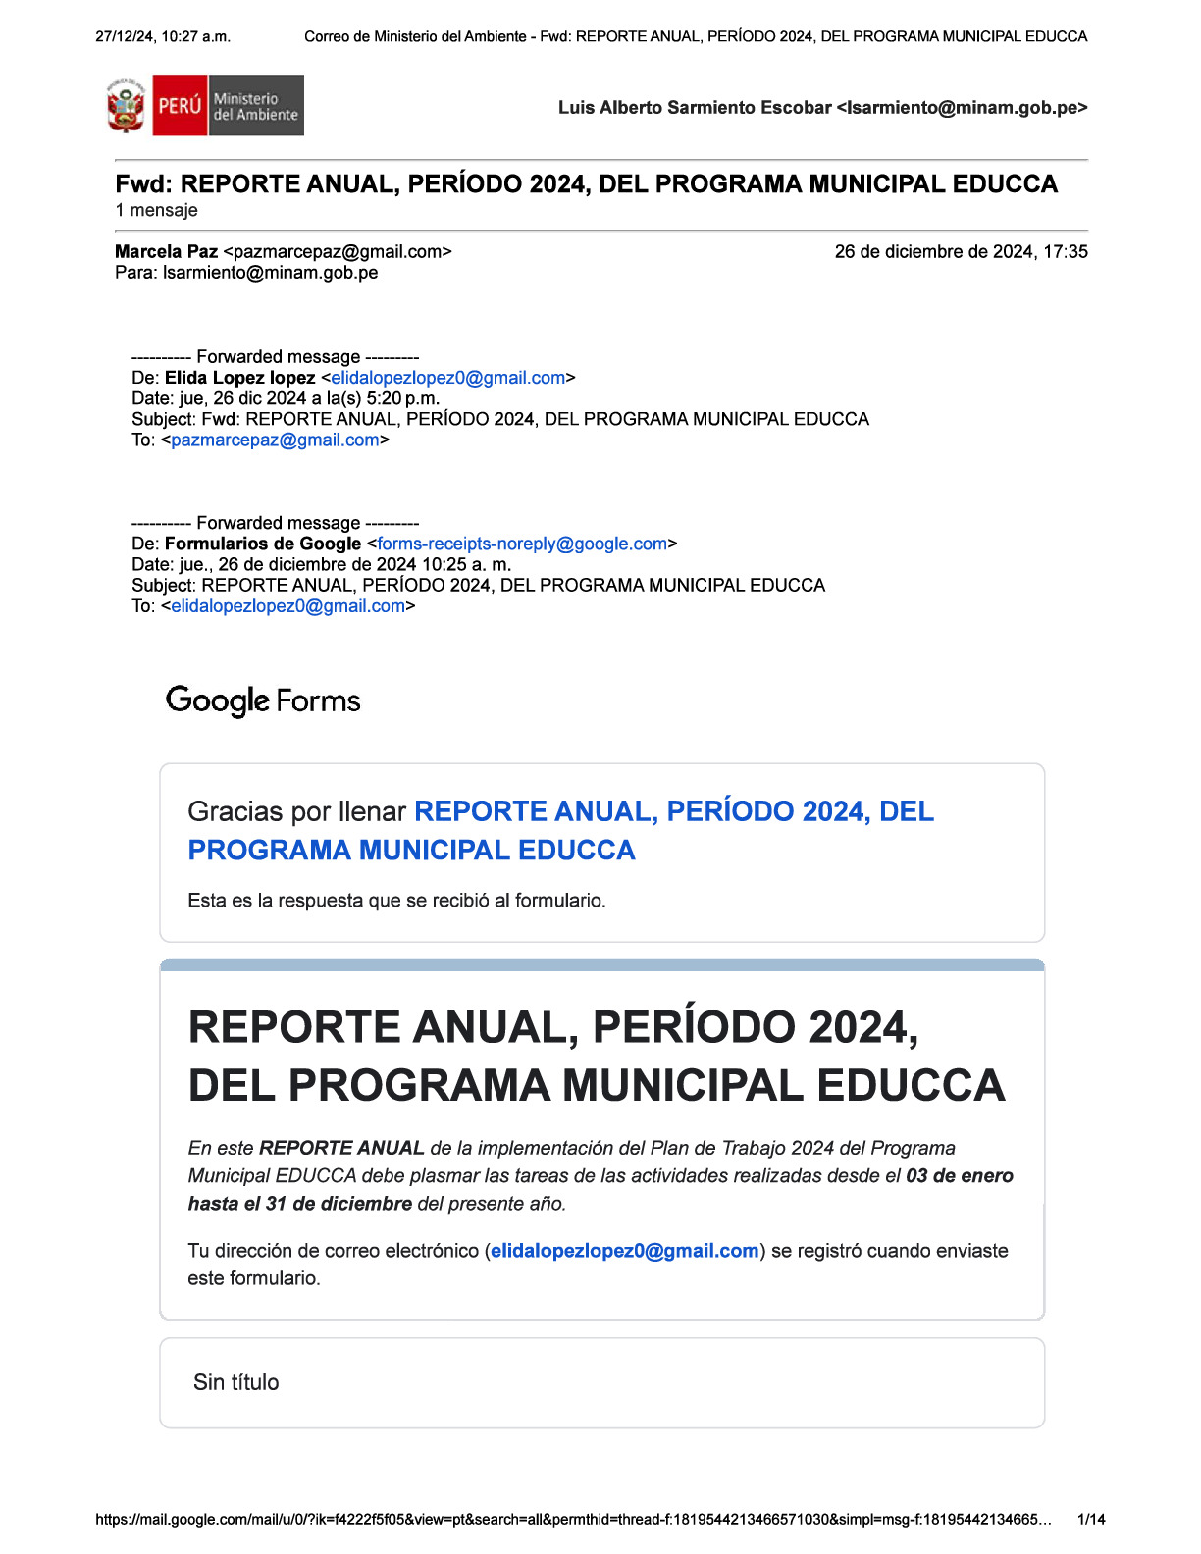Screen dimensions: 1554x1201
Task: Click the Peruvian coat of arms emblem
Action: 126,106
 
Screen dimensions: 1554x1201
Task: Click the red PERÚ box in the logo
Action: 180,105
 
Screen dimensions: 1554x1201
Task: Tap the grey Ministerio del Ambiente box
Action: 255,106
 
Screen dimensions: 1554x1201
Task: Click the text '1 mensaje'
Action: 156,210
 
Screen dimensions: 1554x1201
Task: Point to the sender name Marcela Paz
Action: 166,251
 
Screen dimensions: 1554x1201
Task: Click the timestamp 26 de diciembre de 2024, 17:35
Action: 961,251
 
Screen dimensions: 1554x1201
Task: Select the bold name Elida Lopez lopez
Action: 239,378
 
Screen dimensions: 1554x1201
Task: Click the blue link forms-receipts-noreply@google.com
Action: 521,544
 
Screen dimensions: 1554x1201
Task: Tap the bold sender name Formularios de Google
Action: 262,544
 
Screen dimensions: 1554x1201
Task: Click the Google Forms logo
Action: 263,700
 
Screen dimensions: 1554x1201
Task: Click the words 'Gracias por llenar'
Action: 296,811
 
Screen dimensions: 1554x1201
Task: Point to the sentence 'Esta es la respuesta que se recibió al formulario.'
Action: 396,900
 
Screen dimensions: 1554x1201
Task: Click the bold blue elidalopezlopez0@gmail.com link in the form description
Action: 624,1251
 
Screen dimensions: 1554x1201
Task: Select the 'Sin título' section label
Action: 235,1382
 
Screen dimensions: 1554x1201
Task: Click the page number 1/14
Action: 1091,1520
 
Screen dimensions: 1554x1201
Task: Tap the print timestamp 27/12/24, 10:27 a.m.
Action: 163,36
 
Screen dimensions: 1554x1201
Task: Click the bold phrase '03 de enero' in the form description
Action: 959,1175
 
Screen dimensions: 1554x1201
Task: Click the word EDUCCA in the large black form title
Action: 911,1086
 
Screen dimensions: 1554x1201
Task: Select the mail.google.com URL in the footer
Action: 573,1520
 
